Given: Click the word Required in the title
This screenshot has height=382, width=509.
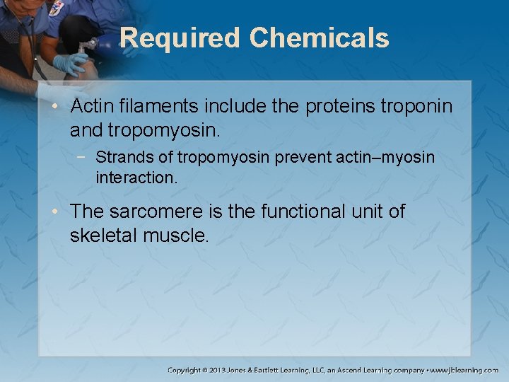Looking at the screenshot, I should (x=180, y=37).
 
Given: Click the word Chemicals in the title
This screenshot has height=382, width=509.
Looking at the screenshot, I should (x=319, y=37).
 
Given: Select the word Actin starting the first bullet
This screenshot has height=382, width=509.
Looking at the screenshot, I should (x=88, y=106).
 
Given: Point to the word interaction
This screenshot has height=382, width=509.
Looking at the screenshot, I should (x=136, y=178).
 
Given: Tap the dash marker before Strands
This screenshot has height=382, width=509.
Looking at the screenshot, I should (x=84, y=156).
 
